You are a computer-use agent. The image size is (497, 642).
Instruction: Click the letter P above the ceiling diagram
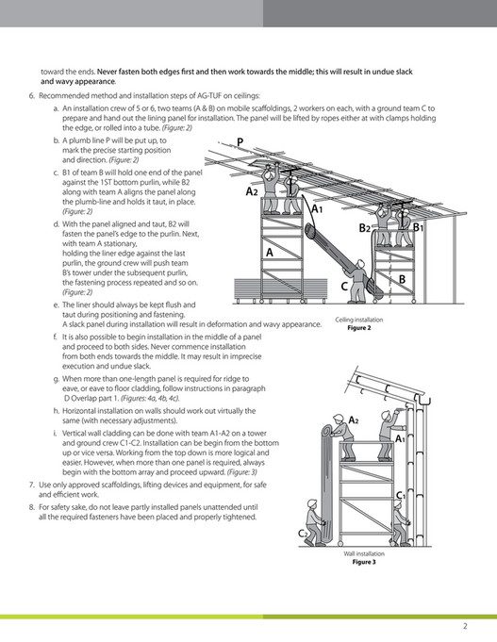240,142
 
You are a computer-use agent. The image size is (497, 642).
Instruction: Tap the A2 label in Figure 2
252,191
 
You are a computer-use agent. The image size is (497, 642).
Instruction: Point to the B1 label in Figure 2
418,227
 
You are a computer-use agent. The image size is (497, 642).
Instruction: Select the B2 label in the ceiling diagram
365,227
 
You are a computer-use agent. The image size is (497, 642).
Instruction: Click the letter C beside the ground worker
344,287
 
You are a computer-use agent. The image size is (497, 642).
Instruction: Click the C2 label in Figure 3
303,534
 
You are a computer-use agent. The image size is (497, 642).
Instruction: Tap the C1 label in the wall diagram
401,496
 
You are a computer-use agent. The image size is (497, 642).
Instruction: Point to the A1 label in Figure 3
400,439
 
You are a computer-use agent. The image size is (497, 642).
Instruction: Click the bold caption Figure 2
359,328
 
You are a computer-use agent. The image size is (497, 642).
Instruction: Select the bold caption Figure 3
364,562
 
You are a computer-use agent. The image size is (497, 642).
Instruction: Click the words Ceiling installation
359,320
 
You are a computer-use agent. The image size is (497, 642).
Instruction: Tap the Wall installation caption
364,554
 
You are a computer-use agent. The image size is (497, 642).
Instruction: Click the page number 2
465,626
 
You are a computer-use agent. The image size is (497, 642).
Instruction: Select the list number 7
31,485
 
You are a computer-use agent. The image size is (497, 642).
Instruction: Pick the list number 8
31,507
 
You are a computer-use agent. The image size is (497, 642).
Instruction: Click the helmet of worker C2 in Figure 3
312,502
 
